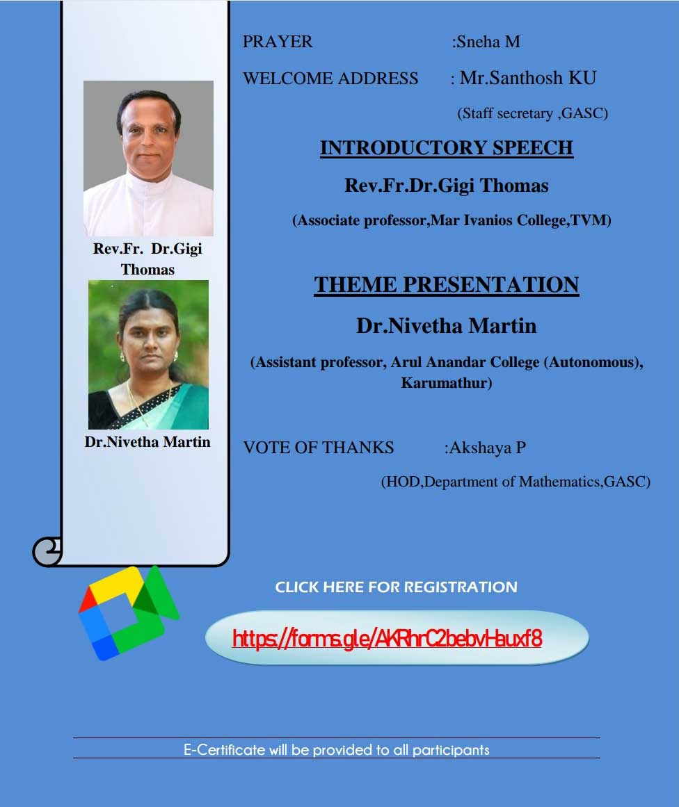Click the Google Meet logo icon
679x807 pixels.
tap(128, 612)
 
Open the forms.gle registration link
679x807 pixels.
tap(387, 639)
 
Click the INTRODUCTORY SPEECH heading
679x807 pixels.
tap(446, 148)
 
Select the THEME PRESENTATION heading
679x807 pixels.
tap(446, 285)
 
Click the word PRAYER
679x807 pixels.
tap(277, 42)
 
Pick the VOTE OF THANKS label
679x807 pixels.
tap(319, 447)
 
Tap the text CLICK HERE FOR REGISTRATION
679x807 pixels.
tap(396, 587)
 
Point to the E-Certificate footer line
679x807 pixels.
tap(337, 750)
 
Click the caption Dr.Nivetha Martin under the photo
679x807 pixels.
tap(147, 442)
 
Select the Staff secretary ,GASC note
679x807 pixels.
tap(533, 113)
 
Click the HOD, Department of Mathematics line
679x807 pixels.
tap(516, 482)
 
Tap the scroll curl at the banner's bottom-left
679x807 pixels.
tap(47, 552)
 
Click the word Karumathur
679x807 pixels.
tap(446, 383)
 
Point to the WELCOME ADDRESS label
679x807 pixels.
tap(330, 79)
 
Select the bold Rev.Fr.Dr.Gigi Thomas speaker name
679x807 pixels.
tap(446, 186)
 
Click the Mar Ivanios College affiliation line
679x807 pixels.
tap(452, 221)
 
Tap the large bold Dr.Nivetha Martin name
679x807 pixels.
tap(446, 326)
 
